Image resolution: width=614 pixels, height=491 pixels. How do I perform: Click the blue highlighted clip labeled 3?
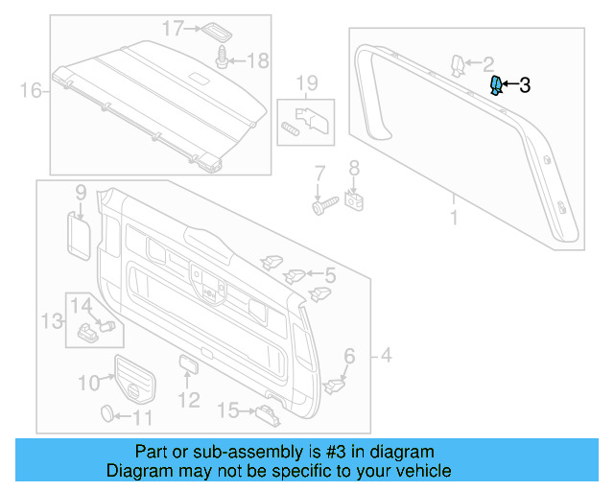(496, 86)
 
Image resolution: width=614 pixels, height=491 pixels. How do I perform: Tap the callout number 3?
(525, 85)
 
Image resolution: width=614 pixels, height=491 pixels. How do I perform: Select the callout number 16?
(32, 91)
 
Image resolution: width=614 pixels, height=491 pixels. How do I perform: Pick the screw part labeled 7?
(321, 204)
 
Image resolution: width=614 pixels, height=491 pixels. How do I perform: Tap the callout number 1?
(454, 219)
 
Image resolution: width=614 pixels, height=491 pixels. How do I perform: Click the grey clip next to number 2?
(458, 65)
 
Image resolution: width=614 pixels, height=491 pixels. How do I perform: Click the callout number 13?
(50, 319)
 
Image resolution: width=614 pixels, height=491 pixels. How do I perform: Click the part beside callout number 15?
(265, 413)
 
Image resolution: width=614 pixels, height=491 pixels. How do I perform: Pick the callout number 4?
(387, 357)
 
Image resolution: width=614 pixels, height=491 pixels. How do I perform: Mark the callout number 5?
(329, 275)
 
